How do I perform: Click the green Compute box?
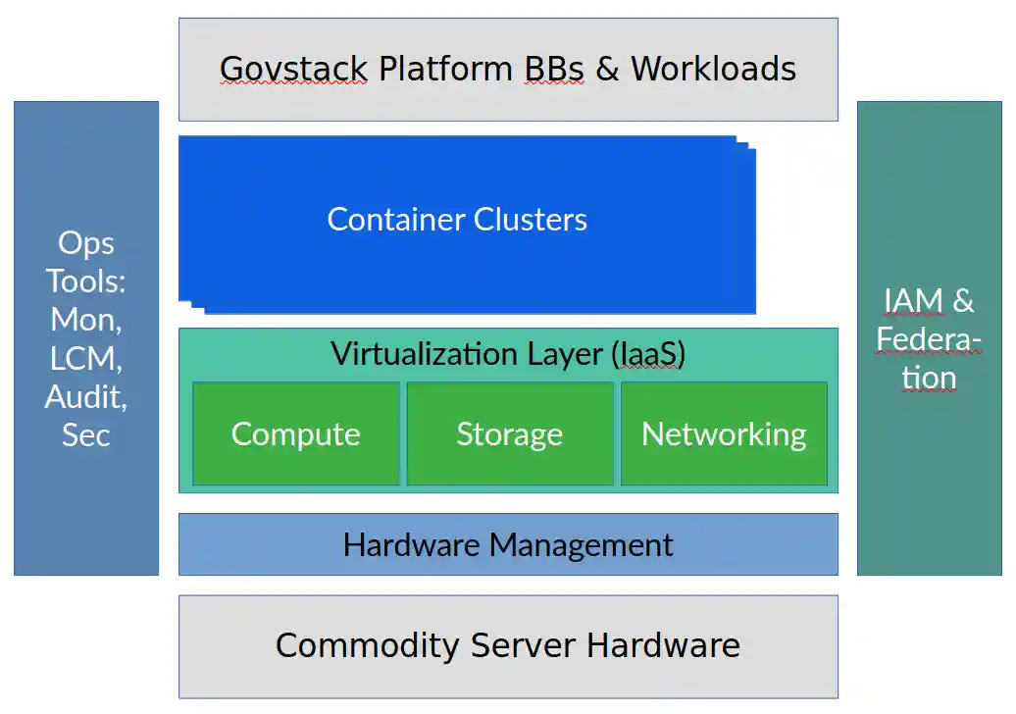295,433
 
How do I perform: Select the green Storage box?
509,433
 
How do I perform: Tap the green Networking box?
724,433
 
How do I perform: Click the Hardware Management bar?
508,544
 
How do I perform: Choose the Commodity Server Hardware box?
508,645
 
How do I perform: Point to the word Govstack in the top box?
293,69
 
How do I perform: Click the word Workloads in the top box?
713,69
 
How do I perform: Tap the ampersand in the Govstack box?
607,69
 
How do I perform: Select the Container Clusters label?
457,219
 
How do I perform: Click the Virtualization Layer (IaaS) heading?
508,353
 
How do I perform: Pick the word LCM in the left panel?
86,358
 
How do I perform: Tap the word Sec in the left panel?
86,434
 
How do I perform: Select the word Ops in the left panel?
86,243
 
